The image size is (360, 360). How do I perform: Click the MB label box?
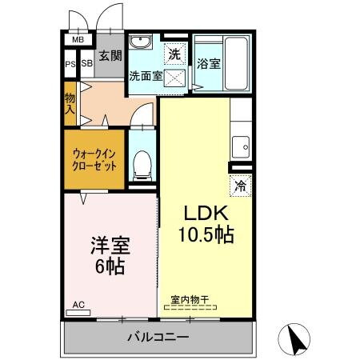[78, 39]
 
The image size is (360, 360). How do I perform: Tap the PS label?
[70, 64]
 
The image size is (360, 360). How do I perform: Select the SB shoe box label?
[86, 64]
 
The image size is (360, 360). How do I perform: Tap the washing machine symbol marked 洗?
[174, 54]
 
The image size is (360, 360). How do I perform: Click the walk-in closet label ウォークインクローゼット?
[94, 159]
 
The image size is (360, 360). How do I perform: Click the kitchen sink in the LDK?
[240, 147]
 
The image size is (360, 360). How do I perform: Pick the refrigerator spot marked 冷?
[240, 185]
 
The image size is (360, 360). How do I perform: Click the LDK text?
[208, 214]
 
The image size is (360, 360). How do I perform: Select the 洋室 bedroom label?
[110, 246]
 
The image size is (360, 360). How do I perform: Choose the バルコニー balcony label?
[158, 337]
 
